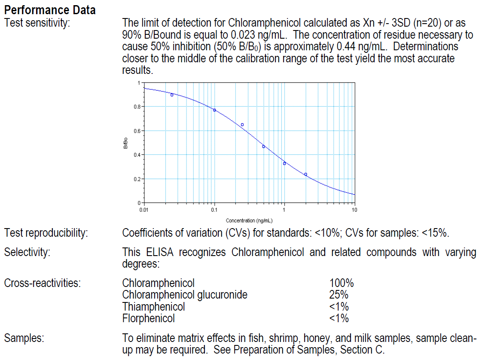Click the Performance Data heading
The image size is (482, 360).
click(50, 9)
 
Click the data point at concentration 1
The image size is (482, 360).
click(284, 163)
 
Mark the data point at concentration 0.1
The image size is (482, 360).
click(214, 110)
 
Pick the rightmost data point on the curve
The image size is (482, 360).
click(305, 174)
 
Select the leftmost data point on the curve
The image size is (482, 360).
click(172, 95)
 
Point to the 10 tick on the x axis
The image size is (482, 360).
click(354, 210)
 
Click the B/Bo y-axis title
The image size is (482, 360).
click(125, 143)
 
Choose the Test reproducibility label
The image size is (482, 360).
click(46, 233)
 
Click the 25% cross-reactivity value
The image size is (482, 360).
click(339, 295)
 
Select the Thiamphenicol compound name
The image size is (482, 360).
click(153, 307)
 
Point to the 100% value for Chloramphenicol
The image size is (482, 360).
click(342, 284)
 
